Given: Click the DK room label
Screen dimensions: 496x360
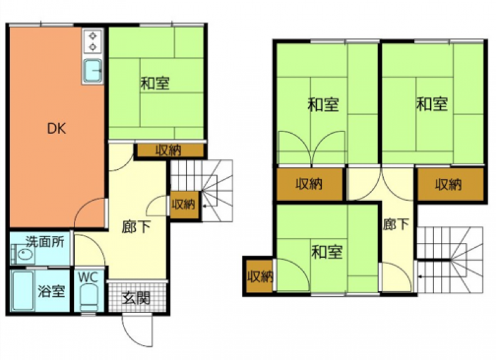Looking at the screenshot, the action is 56,129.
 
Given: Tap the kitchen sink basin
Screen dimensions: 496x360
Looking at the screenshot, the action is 92,71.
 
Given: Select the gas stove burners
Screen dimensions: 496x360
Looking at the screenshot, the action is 92,41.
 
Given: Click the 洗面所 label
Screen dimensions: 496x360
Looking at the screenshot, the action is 45,242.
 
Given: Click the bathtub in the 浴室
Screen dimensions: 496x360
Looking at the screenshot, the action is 23,290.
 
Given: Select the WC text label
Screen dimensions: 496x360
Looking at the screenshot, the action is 88,277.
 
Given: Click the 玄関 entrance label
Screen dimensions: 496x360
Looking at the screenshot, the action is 136,298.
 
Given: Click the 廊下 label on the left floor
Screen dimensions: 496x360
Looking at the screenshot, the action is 136,227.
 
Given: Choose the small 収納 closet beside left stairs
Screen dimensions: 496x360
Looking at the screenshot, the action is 184,204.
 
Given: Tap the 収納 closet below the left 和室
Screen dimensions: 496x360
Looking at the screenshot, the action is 169,151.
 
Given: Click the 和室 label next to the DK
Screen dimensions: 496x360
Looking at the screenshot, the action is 155,84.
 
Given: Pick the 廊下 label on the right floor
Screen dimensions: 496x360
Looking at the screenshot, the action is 396,224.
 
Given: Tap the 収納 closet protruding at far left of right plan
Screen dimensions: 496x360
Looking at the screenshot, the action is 259,276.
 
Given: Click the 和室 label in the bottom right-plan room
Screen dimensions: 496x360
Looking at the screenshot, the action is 327,252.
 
